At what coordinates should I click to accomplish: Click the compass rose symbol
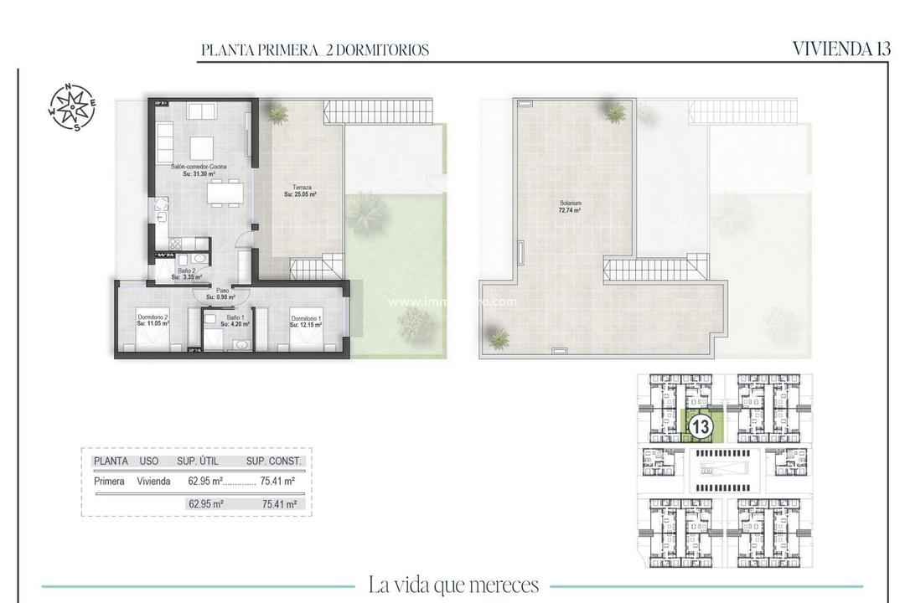point(71,107)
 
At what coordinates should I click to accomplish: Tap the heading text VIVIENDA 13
point(840,49)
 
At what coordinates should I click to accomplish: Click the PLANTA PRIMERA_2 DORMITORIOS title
point(315,50)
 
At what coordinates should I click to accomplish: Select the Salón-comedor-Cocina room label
point(199,171)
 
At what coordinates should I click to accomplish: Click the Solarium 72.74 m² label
point(571,207)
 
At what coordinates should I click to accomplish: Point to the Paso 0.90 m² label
point(221,293)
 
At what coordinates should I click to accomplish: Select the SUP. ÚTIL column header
point(199,461)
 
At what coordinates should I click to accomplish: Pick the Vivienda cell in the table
point(154,482)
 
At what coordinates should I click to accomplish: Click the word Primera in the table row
point(110,482)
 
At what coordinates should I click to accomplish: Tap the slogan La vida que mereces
point(453,585)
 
